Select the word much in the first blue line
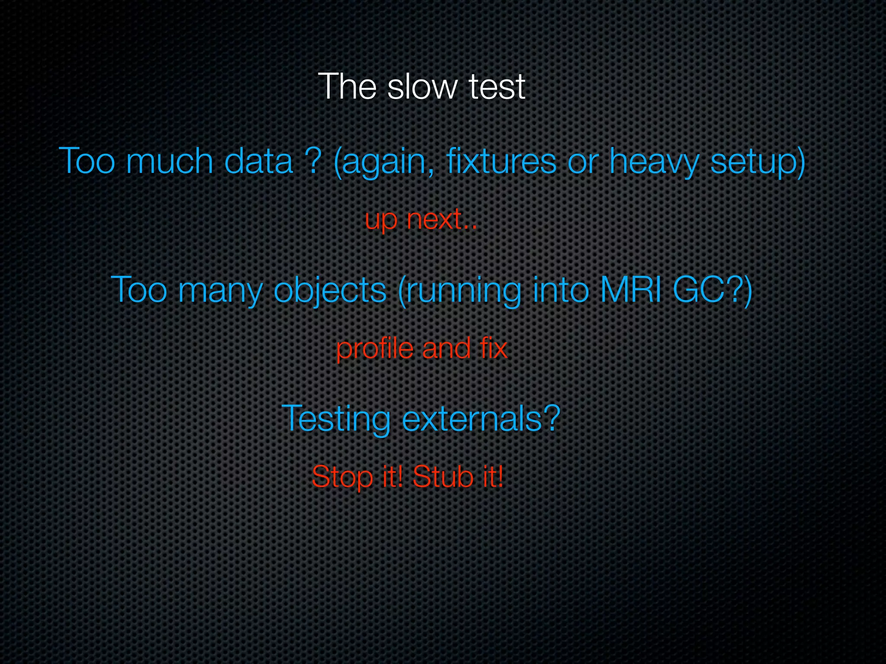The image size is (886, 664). (x=170, y=161)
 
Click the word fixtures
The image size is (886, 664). (x=501, y=161)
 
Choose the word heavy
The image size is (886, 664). (x=654, y=162)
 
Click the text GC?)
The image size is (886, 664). (x=712, y=290)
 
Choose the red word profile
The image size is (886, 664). (x=375, y=348)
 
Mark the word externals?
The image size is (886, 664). (x=481, y=418)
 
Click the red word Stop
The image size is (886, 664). (x=342, y=477)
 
